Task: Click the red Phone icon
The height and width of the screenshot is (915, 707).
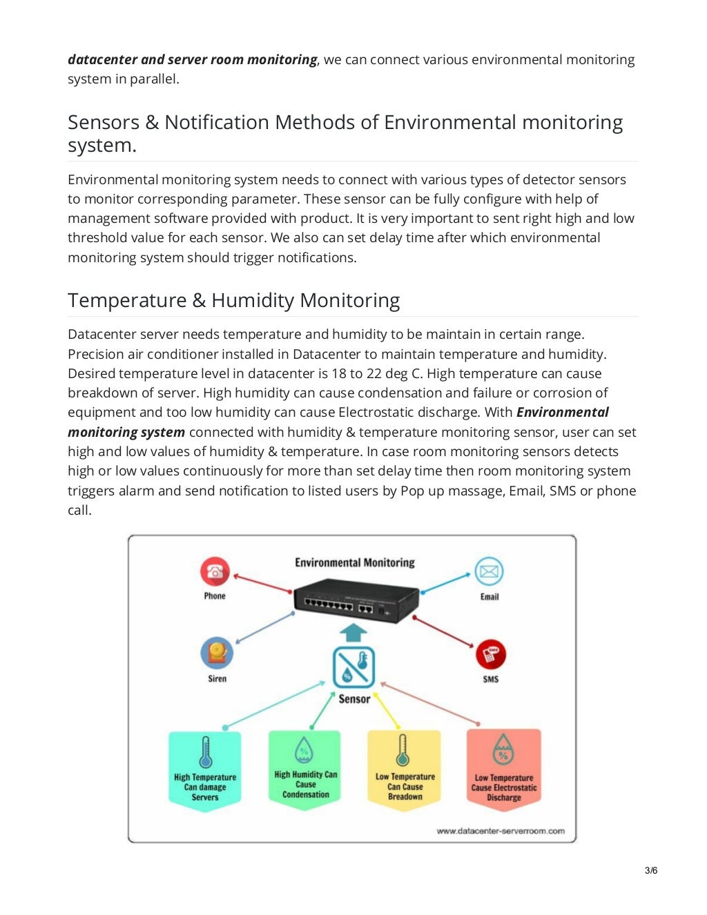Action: tap(214, 572)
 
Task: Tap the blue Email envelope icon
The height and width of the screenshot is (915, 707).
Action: tap(489, 571)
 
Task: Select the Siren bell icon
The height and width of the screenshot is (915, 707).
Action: tap(217, 652)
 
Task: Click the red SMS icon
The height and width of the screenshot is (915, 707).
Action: tap(490, 654)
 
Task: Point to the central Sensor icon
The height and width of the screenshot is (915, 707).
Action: tap(353, 667)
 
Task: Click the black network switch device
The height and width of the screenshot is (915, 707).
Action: tap(356, 600)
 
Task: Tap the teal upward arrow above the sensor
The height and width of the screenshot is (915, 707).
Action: tap(353, 632)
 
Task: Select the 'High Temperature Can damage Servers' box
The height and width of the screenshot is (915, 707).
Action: tap(205, 770)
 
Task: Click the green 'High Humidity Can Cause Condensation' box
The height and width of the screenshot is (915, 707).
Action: tap(304, 769)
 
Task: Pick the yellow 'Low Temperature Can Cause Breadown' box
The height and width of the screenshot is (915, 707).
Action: tap(404, 770)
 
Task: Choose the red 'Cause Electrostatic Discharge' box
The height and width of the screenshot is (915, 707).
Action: tap(503, 770)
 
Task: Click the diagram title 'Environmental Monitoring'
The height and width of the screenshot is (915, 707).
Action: tap(354, 562)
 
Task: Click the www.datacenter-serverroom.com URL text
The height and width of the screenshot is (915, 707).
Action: tap(500, 831)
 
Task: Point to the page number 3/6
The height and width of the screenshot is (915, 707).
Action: tap(650, 870)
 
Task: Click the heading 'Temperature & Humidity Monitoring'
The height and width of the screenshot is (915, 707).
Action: tap(233, 300)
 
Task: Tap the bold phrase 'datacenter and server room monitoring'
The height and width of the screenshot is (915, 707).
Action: tap(192, 59)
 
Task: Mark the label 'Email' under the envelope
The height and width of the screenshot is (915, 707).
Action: tap(489, 597)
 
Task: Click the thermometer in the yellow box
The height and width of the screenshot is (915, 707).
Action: tap(403, 751)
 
